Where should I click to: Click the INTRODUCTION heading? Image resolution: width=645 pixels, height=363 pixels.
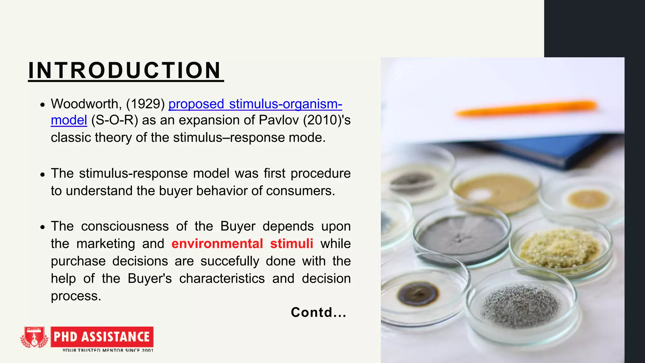click(125, 70)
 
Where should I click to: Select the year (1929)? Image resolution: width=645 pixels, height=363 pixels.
click(146, 104)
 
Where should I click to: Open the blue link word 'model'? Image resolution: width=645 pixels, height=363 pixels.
click(69, 120)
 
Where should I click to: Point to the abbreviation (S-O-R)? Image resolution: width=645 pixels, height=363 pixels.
click(115, 120)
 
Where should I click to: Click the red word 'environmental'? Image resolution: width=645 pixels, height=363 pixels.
click(217, 244)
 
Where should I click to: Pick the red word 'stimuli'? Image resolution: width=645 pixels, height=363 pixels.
click(292, 244)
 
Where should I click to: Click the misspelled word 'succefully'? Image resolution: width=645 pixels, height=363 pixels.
click(230, 261)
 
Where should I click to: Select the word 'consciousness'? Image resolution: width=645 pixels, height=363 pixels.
click(125, 226)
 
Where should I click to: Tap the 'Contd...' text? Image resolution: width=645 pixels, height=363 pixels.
click(318, 312)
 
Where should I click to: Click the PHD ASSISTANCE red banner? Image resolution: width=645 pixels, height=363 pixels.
click(102, 337)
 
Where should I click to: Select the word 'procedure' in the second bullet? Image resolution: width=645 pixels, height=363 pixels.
click(321, 173)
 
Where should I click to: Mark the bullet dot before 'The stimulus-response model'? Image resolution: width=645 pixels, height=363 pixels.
click(43, 174)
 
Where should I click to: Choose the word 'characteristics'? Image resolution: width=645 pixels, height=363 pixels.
click(222, 279)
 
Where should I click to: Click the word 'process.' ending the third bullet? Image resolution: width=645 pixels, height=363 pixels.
click(76, 296)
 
